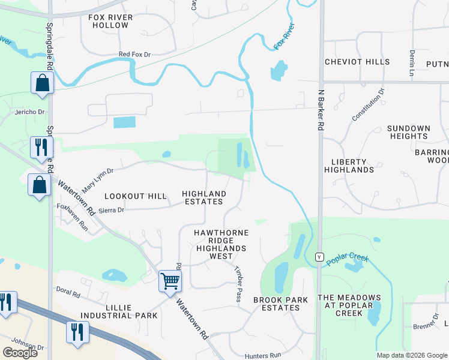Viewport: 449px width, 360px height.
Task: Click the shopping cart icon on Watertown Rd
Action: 170,280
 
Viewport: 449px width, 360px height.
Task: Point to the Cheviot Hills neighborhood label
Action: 357,62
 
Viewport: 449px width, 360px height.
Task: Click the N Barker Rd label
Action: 321,110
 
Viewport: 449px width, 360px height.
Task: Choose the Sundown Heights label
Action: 408,132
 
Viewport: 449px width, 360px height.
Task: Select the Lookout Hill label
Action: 135,196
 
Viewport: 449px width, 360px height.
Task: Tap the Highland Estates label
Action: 204,197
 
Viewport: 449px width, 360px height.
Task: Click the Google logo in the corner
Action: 20,353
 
